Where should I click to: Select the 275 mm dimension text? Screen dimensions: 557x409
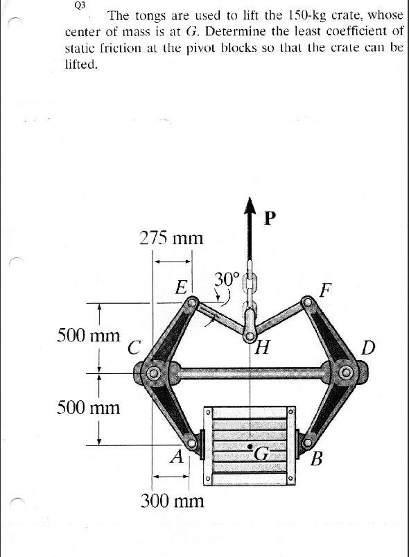pos(171,239)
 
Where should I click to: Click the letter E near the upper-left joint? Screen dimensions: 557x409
pos(182,286)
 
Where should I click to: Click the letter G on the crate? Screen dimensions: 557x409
pos(262,454)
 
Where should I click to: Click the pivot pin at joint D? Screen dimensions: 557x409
pos(345,375)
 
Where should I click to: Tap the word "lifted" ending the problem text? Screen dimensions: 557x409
pos(80,65)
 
